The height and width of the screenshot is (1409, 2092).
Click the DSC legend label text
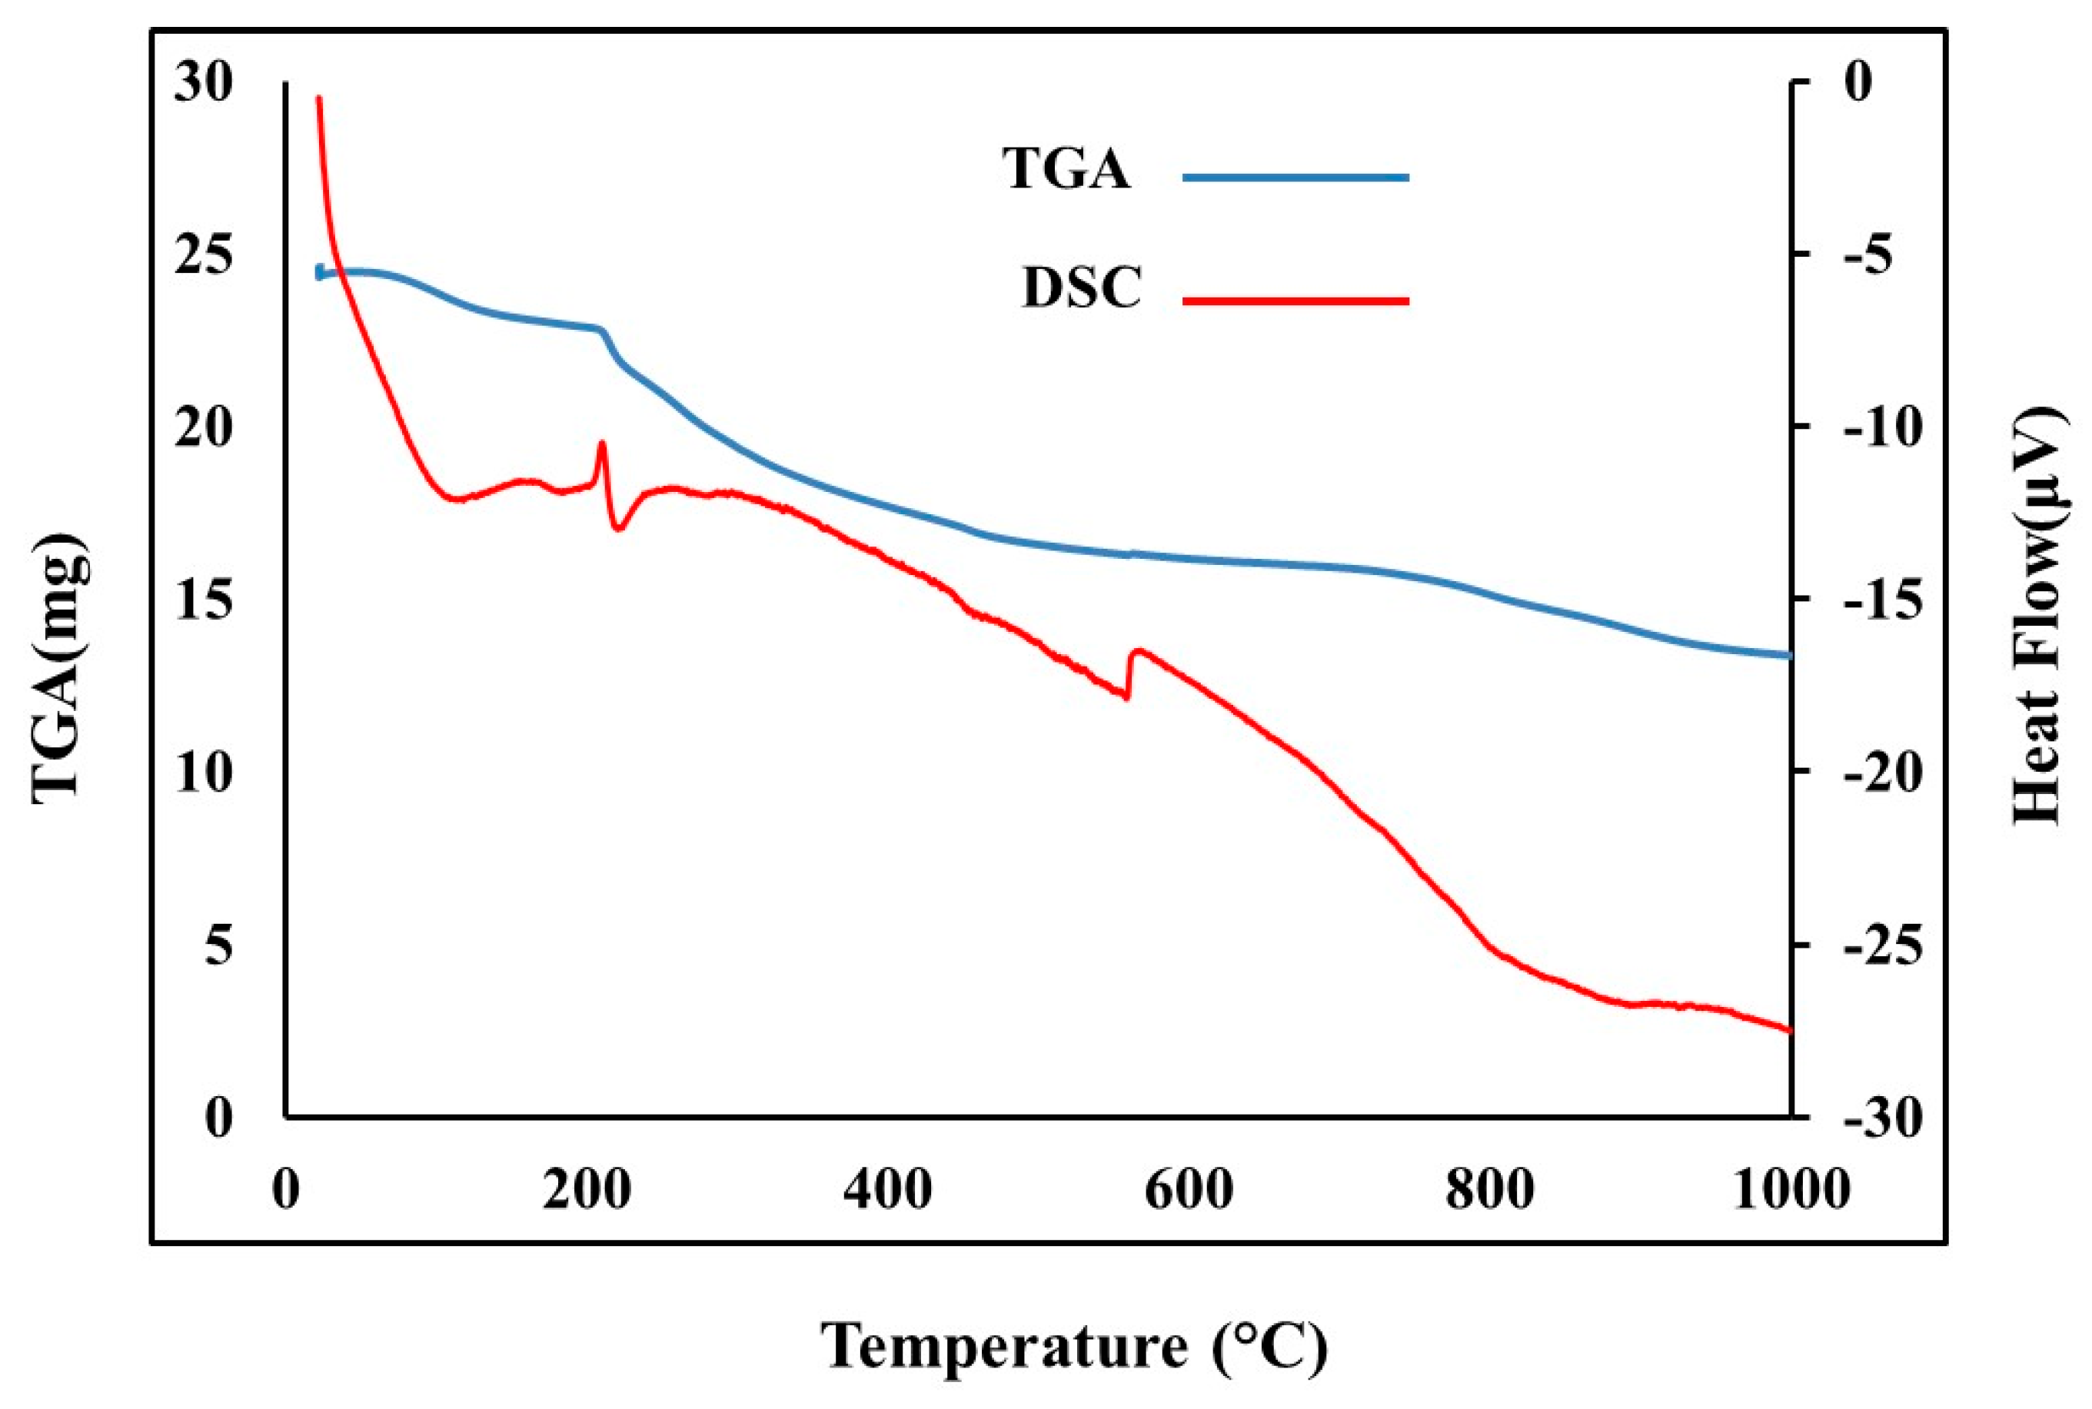tap(1081, 288)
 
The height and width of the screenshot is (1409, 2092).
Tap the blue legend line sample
tap(1295, 177)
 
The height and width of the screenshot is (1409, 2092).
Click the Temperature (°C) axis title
tap(1075, 1345)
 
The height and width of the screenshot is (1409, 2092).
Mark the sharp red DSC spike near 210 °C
tap(602, 443)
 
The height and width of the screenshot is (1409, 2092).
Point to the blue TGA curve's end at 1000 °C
tap(1788, 656)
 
